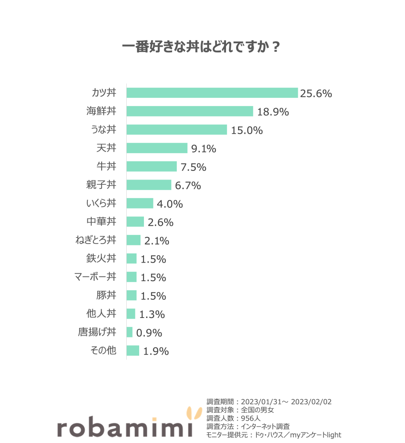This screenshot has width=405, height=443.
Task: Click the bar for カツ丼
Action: pyautogui.click(x=212, y=93)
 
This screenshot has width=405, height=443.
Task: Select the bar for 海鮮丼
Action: pyautogui.click(x=189, y=111)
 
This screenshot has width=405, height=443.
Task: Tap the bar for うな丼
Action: pyautogui.click(x=176, y=130)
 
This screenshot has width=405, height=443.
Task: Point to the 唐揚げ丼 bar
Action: pyautogui.click(x=129, y=332)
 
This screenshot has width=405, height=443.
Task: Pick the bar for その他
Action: pyautogui.click(x=133, y=351)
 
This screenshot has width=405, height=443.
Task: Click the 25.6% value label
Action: pyautogui.click(x=316, y=93)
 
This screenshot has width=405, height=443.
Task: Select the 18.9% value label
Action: pyautogui.click(x=273, y=112)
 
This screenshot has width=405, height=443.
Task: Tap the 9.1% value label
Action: pyautogui.click(x=204, y=149)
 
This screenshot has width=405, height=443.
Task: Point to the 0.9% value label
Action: pyautogui.click(x=149, y=333)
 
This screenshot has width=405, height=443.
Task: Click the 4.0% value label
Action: pyautogui.click(x=170, y=204)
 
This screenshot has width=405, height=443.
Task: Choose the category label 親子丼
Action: pyautogui.click(x=101, y=185)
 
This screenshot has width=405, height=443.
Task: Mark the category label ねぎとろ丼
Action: pyautogui.click(x=96, y=240)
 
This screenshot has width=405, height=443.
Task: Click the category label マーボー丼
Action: pyautogui.click(x=95, y=277)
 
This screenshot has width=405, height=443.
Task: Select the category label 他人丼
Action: pyautogui.click(x=101, y=314)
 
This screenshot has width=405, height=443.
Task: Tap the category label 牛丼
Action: pyautogui.click(x=106, y=167)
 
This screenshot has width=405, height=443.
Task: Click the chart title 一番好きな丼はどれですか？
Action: pyautogui.click(x=201, y=47)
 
